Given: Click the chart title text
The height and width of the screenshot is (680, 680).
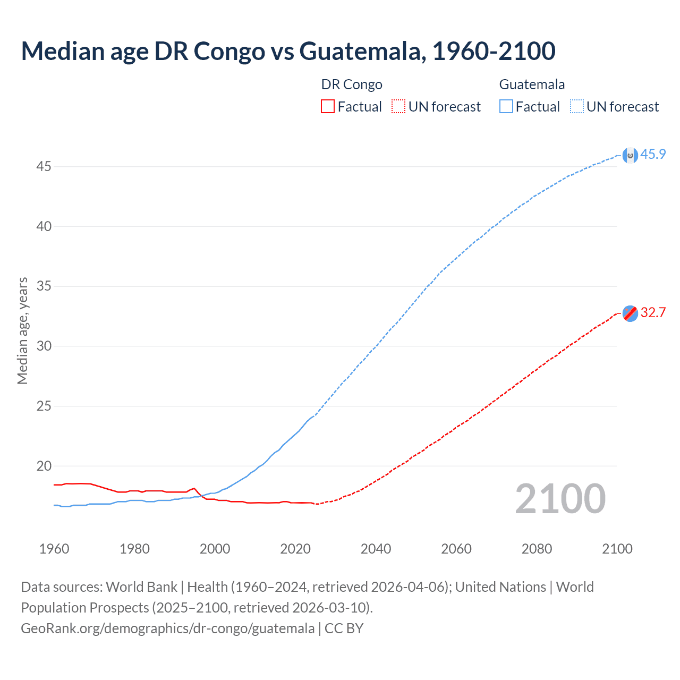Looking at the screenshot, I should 288,51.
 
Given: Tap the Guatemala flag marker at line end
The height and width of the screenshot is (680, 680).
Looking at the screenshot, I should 630,155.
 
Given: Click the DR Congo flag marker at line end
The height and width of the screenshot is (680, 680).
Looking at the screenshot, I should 630,313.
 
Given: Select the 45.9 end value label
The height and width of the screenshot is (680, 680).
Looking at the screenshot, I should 653,155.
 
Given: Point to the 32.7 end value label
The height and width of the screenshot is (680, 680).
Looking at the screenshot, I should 653,312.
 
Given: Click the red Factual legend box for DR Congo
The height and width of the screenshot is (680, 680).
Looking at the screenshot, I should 328,107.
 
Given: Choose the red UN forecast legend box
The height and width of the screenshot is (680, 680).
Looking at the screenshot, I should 398,107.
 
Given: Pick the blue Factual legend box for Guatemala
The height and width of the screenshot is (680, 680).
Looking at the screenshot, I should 506,107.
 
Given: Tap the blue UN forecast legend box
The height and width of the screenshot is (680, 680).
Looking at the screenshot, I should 576,107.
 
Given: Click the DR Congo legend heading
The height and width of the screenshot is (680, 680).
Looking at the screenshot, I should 352,84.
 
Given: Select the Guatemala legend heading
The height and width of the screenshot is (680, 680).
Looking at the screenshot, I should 532,84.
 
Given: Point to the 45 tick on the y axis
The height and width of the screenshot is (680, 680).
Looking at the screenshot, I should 44,167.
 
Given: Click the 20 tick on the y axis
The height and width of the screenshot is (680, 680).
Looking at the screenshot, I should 44,466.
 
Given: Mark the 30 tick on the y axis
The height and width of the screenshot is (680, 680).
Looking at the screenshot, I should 44,346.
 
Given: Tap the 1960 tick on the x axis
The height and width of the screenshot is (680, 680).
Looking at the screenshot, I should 54,549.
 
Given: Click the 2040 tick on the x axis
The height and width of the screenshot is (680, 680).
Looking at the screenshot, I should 376,549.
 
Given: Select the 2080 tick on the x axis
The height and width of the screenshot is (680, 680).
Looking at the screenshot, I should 537,549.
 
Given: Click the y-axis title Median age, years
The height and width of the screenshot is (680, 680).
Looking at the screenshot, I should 22,330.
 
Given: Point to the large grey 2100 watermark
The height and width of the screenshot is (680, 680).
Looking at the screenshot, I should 560,499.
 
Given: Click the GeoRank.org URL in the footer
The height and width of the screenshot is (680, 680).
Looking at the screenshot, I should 167,628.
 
